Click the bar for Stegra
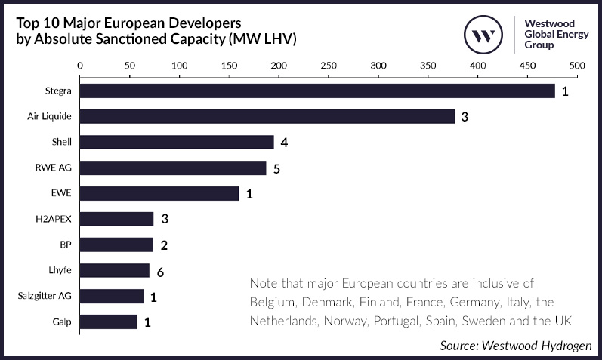tap(317, 91)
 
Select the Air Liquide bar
tap(267, 116)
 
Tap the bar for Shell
tap(177, 142)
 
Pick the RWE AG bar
tap(173, 168)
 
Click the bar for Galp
tap(108, 322)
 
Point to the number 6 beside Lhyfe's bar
tap(161, 271)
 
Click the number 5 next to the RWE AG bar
tap(276, 168)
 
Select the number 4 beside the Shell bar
tap(284, 143)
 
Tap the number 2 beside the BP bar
tap(163, 245)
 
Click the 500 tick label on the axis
tap(577, 66)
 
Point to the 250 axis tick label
tap(329, 66)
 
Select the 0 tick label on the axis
tap(80, 66)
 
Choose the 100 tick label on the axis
tap(179, 66)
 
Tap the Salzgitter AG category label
tap(43, 297)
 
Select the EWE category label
tap(61, 193)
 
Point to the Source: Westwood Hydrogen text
tap(516, 345)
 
